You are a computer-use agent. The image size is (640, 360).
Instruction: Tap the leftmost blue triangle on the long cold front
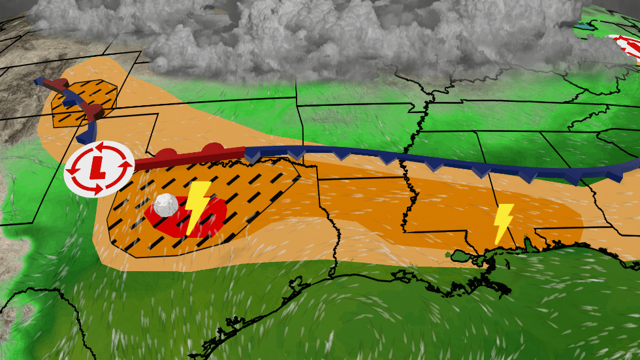(252, 156)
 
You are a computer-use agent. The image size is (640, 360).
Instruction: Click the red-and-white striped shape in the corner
(628, 50)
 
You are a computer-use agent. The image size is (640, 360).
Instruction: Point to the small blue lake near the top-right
(583, 27)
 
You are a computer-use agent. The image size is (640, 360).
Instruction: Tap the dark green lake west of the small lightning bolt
(466, 259)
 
